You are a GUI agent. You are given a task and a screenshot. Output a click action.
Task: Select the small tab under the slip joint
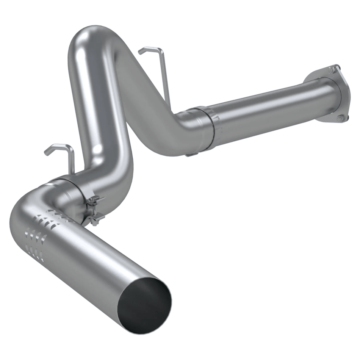[x=190, y=154]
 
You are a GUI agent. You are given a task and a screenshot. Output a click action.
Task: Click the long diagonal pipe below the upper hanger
[x=144, y=95]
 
